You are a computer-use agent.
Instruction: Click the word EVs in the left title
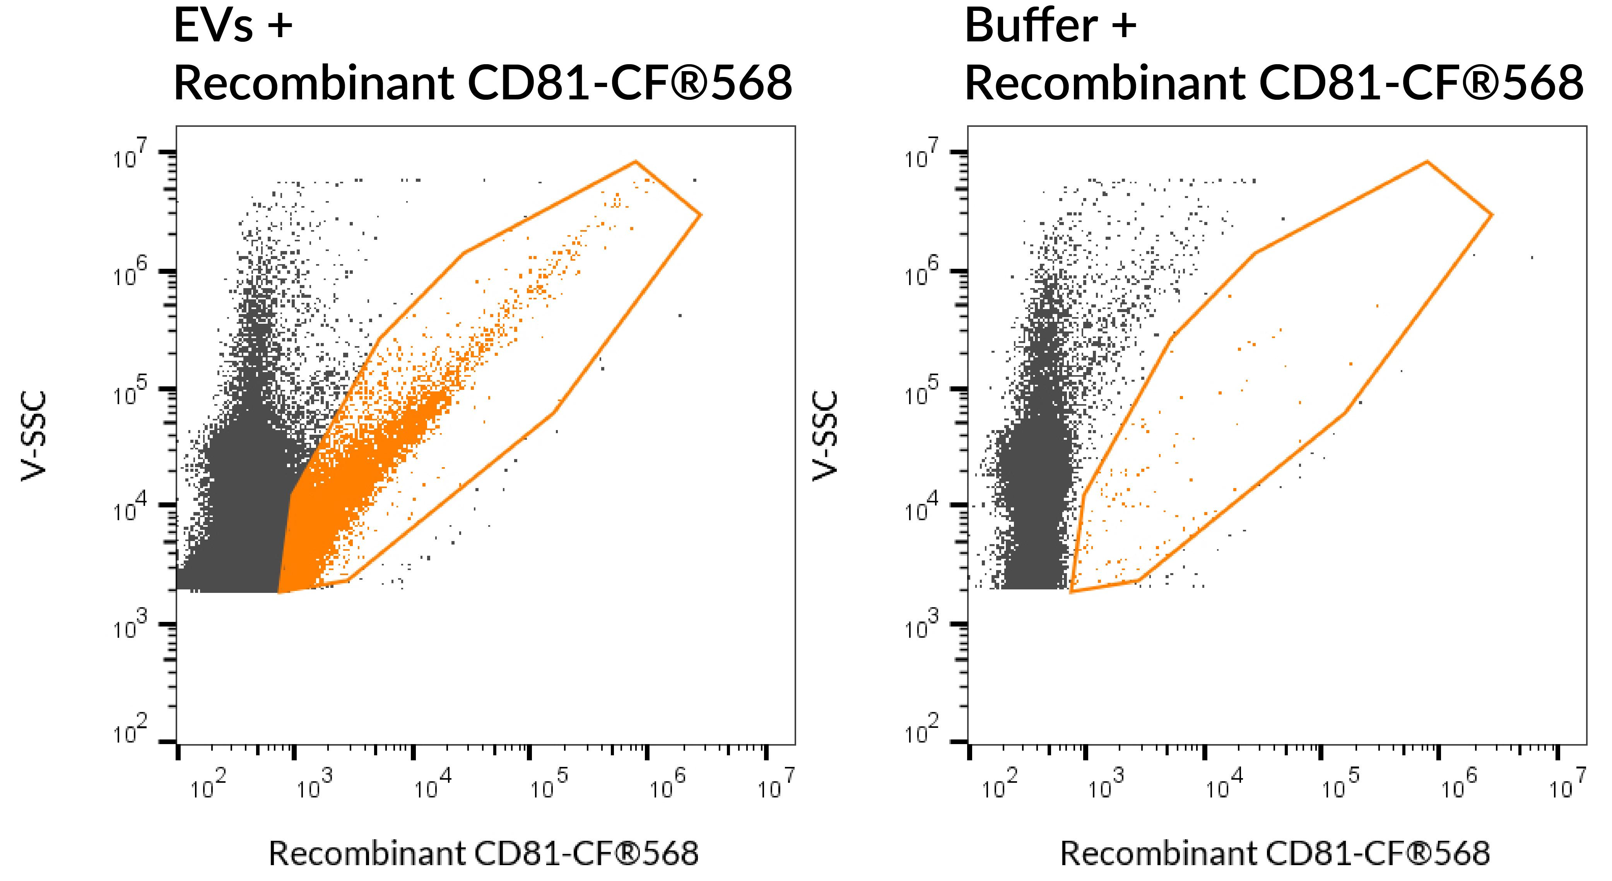214,26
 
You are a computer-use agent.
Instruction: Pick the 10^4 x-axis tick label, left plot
433,786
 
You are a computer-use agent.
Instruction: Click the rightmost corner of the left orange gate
701,215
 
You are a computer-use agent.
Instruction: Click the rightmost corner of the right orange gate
1492,215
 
